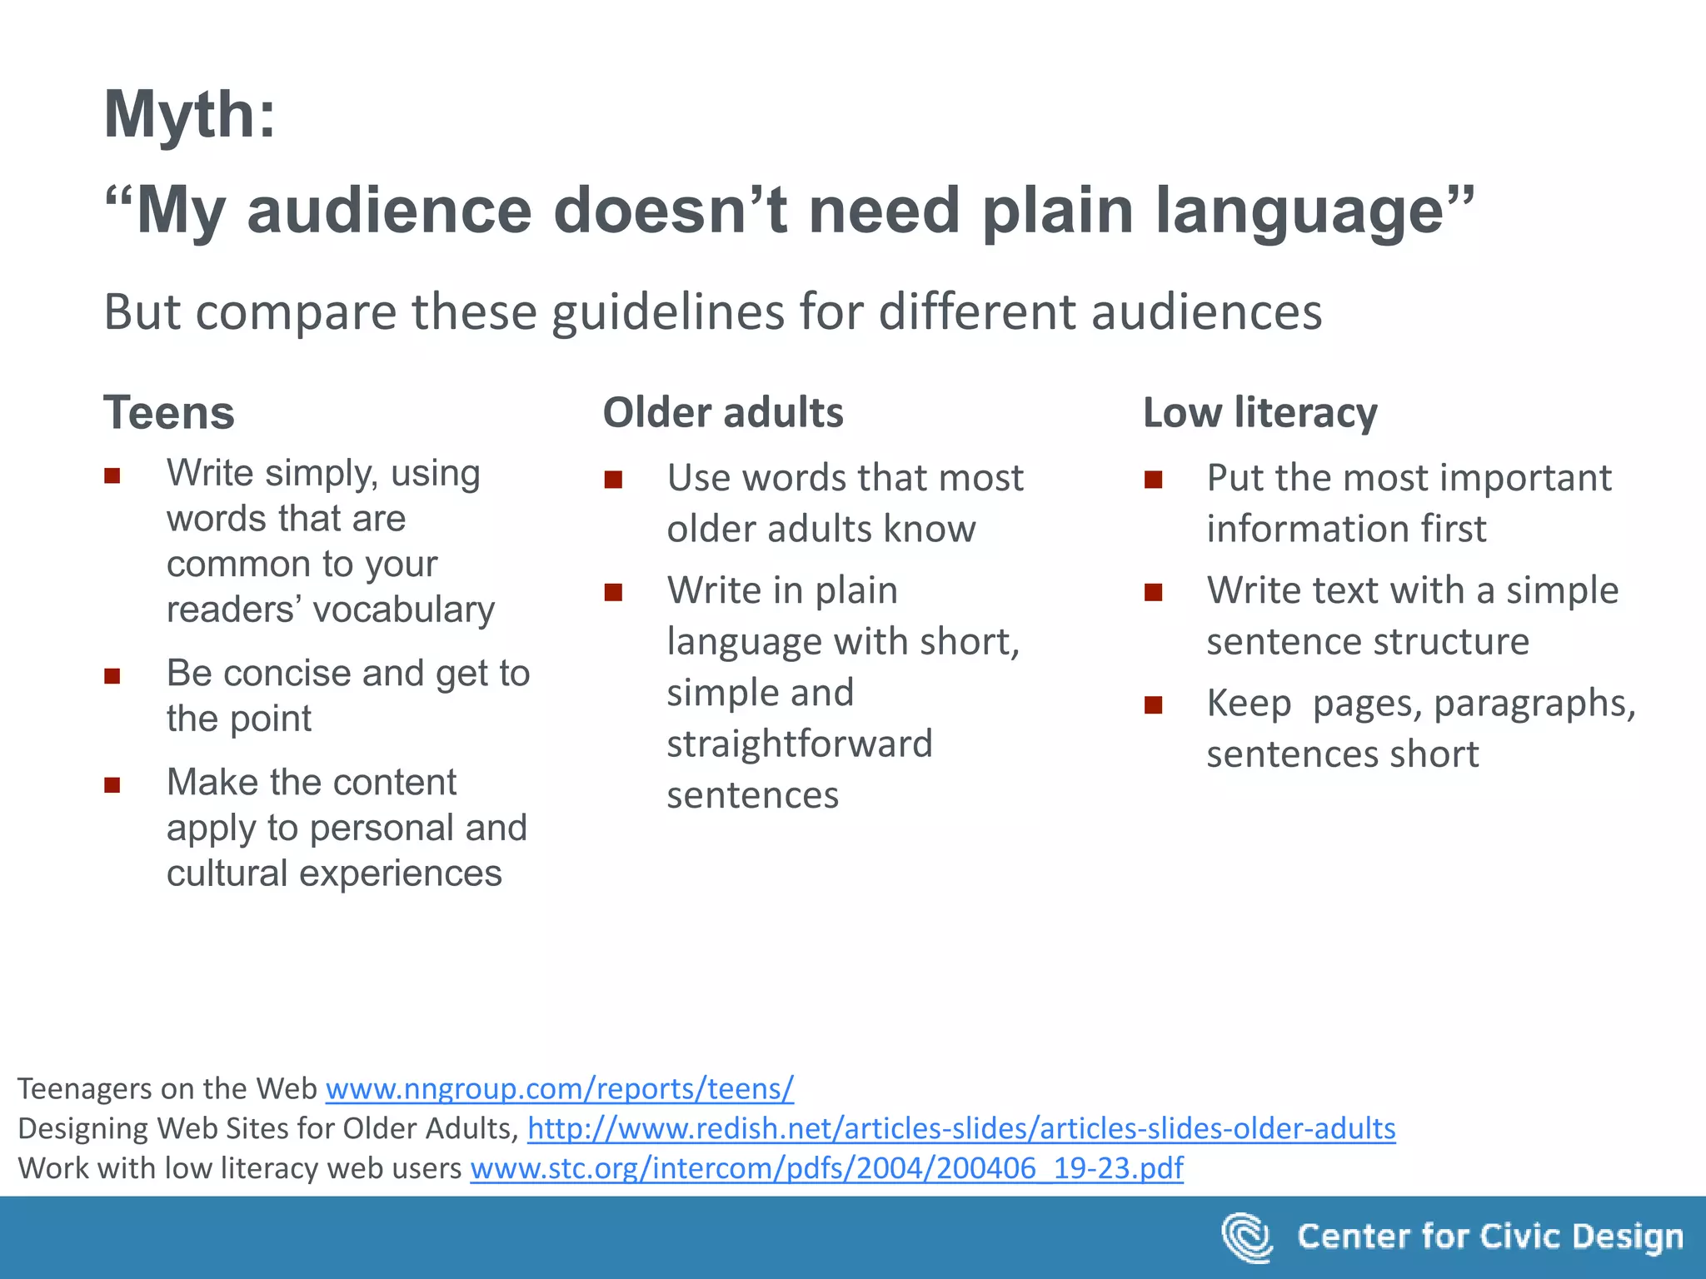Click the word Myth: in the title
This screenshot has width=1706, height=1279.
pos(189,115)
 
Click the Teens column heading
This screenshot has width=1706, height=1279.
pos(169,413)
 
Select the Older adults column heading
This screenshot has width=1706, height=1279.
pos(723,413)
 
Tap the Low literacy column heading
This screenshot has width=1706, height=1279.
pos(1260,413)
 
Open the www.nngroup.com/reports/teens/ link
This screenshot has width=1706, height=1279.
pos(560,1089)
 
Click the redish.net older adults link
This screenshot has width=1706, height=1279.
pos(961,1129)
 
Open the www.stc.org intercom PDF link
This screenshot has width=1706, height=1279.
pos(826,1168)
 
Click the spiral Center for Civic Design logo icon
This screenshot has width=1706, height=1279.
pos(1247,1237)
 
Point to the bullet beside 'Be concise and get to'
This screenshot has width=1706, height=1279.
pos(112,675)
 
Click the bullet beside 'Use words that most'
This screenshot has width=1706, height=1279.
pos(614,480)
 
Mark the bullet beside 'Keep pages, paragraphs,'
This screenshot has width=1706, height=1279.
pos(1154,705)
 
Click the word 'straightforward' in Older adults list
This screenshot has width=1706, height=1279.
pos(800,744)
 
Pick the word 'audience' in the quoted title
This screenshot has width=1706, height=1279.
pos(389,211)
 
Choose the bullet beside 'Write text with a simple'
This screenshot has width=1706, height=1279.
pos(1154,592)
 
